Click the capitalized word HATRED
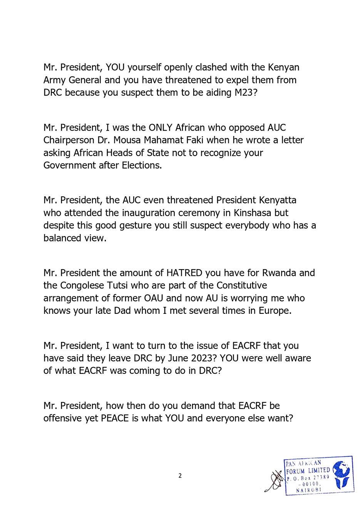[184, 273]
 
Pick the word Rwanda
[279, 273]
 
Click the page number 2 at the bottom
[180, 476]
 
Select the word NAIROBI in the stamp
[308, 490]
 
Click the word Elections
[142, 166]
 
